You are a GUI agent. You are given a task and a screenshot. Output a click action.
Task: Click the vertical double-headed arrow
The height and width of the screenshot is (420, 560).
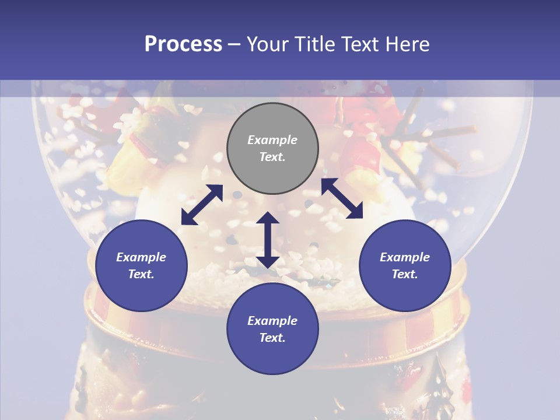coord(268,240)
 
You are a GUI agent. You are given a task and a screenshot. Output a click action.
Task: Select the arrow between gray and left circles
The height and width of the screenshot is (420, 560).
coord(202,205)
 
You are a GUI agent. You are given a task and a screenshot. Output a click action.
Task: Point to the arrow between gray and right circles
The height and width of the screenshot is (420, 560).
coord(342,198)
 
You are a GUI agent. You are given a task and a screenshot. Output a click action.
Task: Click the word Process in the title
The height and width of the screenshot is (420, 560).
coord(183,44)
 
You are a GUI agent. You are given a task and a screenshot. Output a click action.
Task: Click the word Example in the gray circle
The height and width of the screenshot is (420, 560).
coord(272,140)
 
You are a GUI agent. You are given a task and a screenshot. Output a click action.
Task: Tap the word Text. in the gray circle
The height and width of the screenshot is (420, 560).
coord(272,157)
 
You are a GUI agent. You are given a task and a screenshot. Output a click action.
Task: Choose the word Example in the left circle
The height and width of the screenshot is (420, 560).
coord(141,257)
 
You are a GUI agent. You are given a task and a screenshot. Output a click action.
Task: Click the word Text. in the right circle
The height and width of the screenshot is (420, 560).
coord(405,274)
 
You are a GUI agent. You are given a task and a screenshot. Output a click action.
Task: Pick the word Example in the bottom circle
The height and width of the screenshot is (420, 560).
coord(272,321)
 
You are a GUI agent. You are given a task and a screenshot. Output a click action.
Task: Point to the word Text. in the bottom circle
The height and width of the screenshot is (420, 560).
coord(272,338)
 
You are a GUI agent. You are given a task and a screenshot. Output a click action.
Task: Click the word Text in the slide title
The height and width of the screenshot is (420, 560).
coord(357,44)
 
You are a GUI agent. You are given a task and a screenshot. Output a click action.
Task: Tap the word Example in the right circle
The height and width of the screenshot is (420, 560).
coord(405,257)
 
